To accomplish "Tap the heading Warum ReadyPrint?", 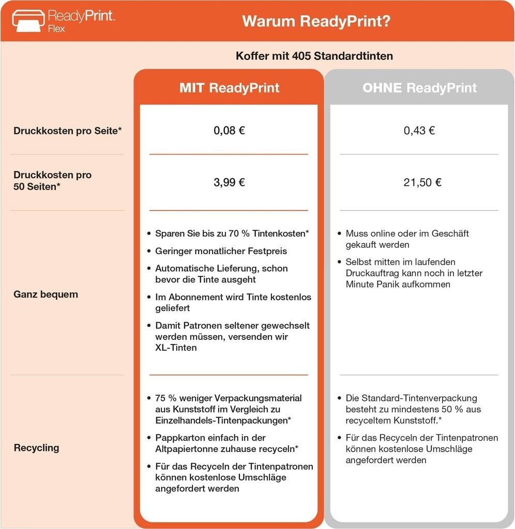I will (x=316, y=21).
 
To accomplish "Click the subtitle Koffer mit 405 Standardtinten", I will (x=314, y=56).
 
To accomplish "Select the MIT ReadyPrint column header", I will (x=229, y=87).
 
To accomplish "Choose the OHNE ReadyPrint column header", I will (x=419, y=87).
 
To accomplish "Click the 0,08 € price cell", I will (x=229, y=130).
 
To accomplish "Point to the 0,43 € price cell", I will (x=419, y=130).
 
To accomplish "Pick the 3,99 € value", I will (x=229, y=182).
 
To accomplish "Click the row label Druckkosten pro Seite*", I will (x=68, y=131).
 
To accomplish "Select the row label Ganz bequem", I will (x=46, y=294).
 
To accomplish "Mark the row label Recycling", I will (x=36, y=447).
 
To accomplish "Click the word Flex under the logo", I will (x=56, y=29).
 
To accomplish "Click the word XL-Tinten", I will (x=176, y=348).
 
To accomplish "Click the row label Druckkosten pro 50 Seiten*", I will (x=52, y=180).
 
